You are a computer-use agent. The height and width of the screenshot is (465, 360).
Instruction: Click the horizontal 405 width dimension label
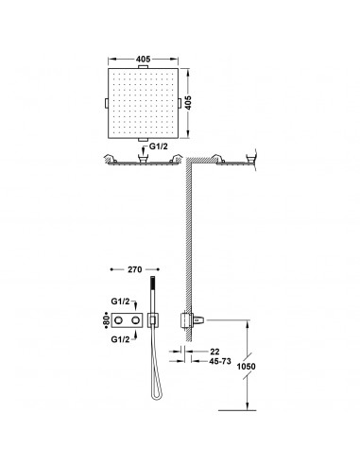[144, 59]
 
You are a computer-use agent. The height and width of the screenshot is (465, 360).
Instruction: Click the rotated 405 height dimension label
[188, 103]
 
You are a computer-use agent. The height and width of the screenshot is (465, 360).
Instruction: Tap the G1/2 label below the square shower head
[159, 146]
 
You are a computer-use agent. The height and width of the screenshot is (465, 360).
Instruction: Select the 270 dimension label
[135, 269]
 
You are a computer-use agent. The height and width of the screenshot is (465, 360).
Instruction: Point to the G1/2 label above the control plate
[120, 301]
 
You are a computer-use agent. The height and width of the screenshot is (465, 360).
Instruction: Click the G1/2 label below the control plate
[120, 339]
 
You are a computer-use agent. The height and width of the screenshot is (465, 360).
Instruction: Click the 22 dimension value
[214, 352]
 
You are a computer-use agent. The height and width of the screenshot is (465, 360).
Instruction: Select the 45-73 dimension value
[220, 361]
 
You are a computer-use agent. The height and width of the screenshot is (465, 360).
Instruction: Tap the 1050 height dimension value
[246, 367]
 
